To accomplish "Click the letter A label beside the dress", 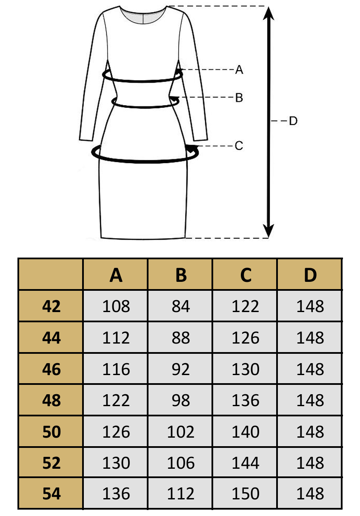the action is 239,69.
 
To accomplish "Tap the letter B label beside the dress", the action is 239,97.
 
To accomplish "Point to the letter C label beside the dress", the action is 239,146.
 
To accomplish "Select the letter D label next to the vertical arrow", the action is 293,121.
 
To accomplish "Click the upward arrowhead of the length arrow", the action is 269,13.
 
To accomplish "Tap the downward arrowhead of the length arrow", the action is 269,230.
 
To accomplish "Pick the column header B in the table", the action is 181,275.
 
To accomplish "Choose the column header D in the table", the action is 310,275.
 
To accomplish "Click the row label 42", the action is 51,307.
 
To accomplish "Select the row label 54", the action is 51,494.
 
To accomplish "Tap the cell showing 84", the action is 181,307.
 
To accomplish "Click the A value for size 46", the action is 116,369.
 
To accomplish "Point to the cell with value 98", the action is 181,400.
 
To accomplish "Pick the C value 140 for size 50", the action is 246,432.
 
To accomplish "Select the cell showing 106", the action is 181,463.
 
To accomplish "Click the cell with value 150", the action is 246,494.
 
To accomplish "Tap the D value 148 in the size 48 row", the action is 310,400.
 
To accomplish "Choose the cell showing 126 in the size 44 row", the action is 246,338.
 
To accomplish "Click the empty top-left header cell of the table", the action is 51,274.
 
